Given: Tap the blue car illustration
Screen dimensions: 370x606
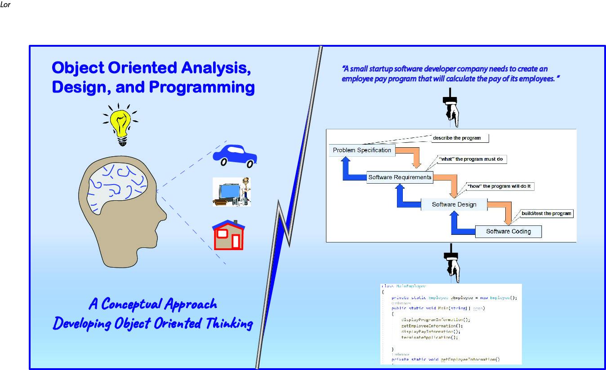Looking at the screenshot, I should point(235,155).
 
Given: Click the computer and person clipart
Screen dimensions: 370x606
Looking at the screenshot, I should point(232,192).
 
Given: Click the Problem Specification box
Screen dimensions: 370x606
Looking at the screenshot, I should point(362,150).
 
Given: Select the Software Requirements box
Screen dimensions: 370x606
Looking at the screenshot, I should point(400,177).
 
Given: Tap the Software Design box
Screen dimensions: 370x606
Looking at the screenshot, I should point(454,204).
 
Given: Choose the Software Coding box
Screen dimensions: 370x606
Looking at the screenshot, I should point(508,232).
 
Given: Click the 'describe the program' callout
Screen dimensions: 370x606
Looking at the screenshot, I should point(456,138).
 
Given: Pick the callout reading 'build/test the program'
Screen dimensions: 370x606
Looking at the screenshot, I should point(546,213).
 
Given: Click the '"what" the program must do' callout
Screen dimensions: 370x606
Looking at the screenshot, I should point(471,159).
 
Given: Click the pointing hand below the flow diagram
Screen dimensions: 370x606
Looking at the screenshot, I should point(451,265).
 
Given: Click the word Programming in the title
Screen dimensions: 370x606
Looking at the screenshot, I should point(201,87).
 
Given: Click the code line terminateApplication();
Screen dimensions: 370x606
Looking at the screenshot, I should point(429,337).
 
